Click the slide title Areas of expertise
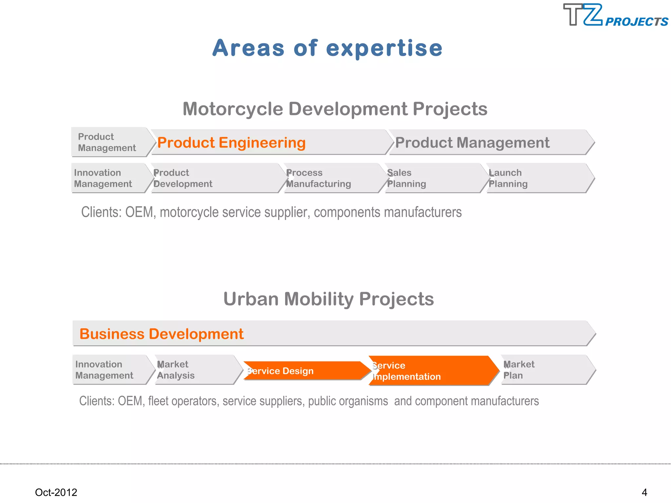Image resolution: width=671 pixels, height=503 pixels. click(x=327, y=48)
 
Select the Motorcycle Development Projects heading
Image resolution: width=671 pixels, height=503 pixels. click(x=335, y=109)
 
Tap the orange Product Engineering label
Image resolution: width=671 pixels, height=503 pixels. click(x=231, y=143)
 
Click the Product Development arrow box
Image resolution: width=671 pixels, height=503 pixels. click(x=210, y=178)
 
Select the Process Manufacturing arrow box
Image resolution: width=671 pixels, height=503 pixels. click(x=328, y=178)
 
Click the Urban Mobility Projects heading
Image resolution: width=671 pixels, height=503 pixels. click(x=328, y=299)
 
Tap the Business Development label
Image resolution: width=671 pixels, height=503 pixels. click(x=162, y=334)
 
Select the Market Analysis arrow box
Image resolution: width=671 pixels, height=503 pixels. click(x=193, y=370)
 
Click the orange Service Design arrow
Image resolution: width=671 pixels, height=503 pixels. click(x=301, y=371)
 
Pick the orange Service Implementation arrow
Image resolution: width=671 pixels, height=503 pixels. click(x=429, y=371)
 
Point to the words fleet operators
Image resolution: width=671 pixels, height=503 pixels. click(x=182, y=401)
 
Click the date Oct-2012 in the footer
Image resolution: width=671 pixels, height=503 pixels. click(x=56, y=492)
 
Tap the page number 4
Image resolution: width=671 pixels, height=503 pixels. click(x=644, y=492)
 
